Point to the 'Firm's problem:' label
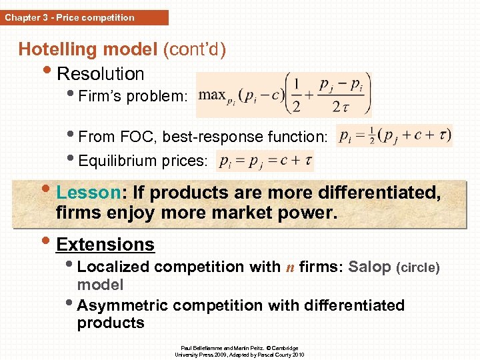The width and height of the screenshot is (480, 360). pos(133,96)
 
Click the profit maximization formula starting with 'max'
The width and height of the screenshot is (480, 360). pos(285,93)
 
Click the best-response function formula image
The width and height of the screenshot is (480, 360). pos(395,135)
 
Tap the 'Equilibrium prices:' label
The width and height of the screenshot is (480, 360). pos(143,161)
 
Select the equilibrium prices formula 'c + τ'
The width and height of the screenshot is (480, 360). pos(265,161)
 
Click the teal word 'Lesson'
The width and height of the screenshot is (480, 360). pos(87,193)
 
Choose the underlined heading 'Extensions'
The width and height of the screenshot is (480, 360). pos(105,245)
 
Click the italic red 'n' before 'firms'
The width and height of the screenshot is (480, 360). pos(290,267)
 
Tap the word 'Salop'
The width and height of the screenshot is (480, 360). pos(370,267)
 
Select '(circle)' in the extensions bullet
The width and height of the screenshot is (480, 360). pos(418,267)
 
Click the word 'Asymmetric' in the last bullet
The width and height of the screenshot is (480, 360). pos(122,305)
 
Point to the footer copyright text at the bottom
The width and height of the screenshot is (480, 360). pos(239,351)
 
